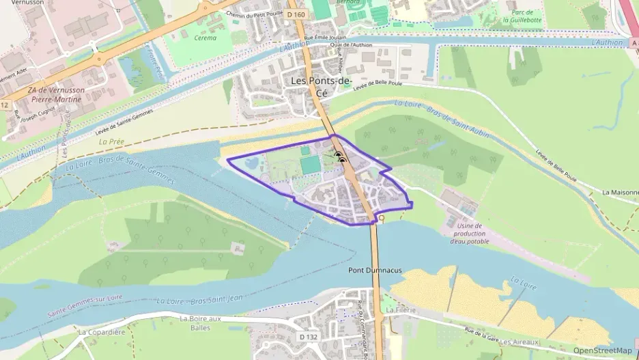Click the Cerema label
coord(205,38)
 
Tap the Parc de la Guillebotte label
coord(522,16)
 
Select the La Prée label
coord(111,142)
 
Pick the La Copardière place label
coord(102,333)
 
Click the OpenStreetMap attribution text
coord(602,350)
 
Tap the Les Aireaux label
coord(520,342)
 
